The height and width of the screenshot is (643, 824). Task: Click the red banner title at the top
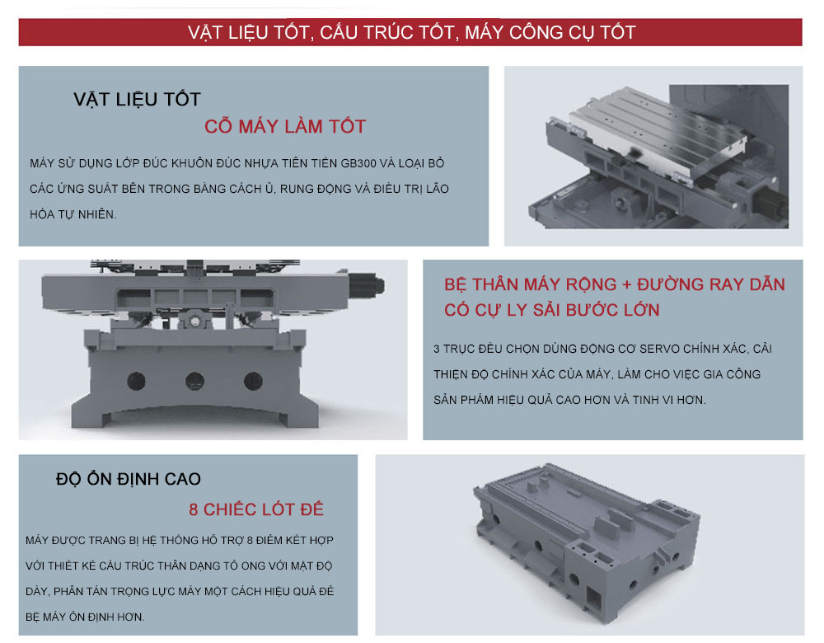411,33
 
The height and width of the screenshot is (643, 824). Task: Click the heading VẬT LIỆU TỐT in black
137,100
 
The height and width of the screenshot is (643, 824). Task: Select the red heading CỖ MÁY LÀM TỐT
285,127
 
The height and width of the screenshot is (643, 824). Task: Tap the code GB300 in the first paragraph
359,163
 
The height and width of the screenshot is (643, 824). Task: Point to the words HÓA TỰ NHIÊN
73,214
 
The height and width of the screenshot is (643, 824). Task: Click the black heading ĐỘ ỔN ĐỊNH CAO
129,479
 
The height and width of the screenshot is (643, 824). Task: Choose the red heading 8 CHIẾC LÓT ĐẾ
256,509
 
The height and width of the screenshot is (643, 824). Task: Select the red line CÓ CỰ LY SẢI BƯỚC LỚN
552,310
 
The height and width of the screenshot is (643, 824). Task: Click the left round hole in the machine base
136,381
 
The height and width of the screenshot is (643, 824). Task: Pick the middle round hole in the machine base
195,381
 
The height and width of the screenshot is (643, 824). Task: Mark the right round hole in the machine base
253,381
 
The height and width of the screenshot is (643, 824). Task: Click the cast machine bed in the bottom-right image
586,542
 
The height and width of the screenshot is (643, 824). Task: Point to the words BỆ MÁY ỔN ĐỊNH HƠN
85,617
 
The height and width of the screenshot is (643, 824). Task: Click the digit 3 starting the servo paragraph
437,349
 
